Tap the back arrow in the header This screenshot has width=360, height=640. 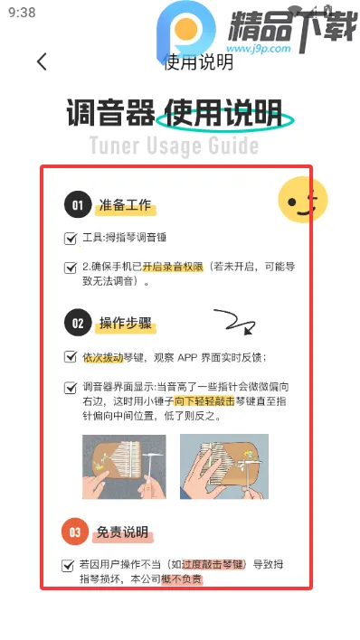coord(42,62)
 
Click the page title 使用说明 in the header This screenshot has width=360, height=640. coord(198,62)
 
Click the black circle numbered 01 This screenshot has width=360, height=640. coord(78,205)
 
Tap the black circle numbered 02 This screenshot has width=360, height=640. coord(78,323)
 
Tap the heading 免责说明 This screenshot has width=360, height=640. coord(123,532)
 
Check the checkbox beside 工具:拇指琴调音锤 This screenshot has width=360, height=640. coord(71,239)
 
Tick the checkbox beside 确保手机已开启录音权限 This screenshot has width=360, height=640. coord(71,268)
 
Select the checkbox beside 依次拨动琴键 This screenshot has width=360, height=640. coord(71,357)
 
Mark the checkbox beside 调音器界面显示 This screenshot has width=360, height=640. coord(71,387)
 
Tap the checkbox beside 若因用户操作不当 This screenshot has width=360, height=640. coord(68,565)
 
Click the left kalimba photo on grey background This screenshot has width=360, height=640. coord(124,467)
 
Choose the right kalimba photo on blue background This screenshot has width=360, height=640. coord(223,467)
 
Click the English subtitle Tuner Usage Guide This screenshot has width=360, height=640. coord(174,146)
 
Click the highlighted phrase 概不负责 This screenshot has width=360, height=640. coord(182,579)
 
